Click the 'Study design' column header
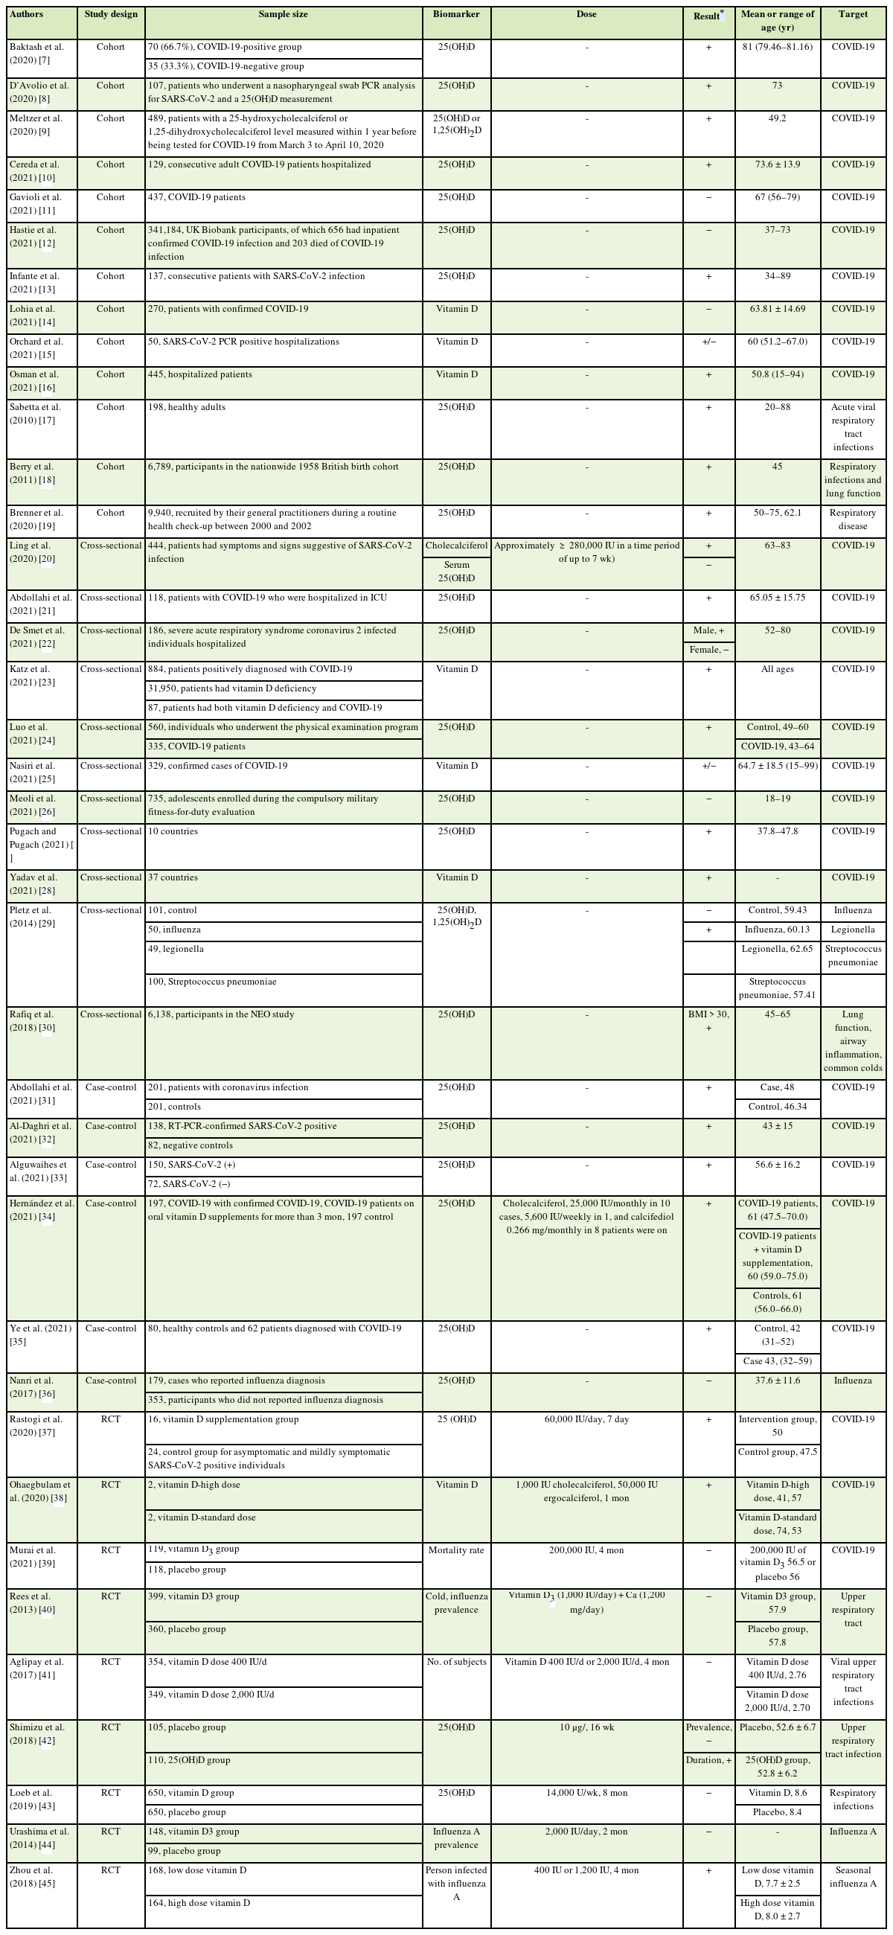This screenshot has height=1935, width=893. coord(110,14)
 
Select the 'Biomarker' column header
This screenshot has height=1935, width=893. coord(456,14)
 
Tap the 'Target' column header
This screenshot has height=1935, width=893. coord(853,14)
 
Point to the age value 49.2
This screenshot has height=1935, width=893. coord(777,118)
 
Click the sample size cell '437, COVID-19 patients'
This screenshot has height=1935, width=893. coord(196,197)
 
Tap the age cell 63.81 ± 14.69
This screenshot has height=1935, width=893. coord(777,309)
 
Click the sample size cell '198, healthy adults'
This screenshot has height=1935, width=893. coord(187,407)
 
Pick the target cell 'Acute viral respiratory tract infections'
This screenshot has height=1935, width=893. coord(853,426)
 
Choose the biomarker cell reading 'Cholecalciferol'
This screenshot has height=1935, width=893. coord(456,546)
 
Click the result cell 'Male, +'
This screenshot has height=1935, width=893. coord(708,631)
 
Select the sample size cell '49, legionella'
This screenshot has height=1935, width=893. coord(176,950)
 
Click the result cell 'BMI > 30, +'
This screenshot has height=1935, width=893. coord(708,1021)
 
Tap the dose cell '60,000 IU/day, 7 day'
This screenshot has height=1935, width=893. coord(586,1420)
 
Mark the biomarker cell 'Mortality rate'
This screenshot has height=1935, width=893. coord(456,1550)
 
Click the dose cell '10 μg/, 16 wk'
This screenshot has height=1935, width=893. coord(586,1727)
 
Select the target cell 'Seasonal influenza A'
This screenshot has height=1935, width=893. coord(853,1876)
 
